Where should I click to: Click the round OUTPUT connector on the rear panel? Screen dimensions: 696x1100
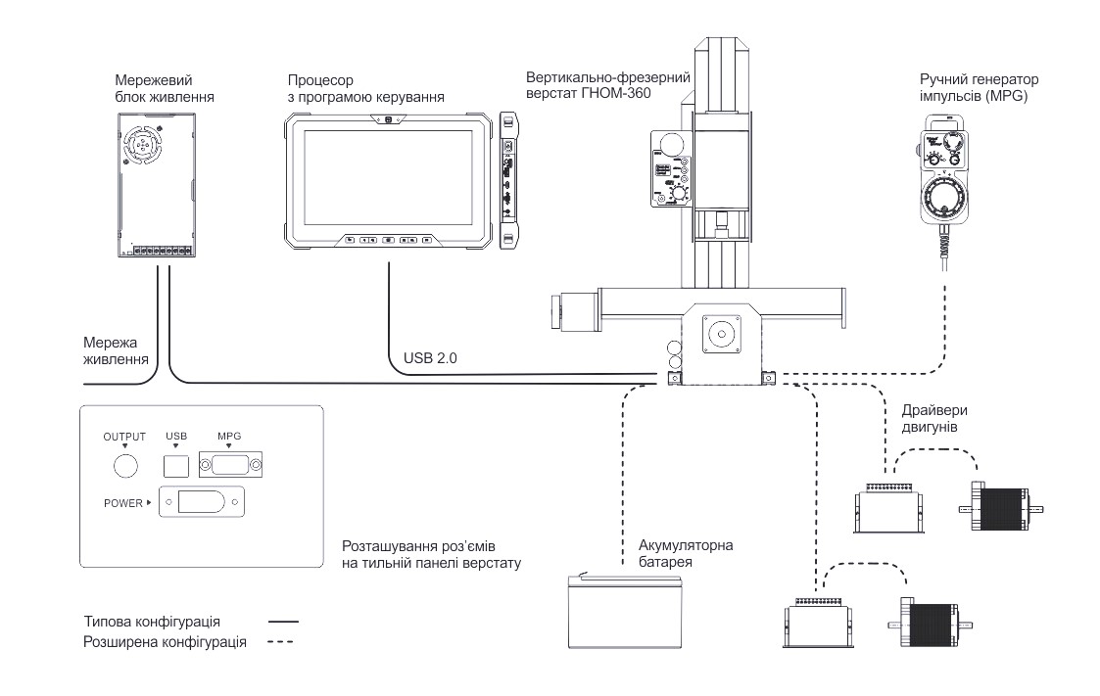(125, 465)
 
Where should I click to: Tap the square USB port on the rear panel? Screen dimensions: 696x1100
(174, 464)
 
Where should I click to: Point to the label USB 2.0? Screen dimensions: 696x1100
(431, 358)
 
